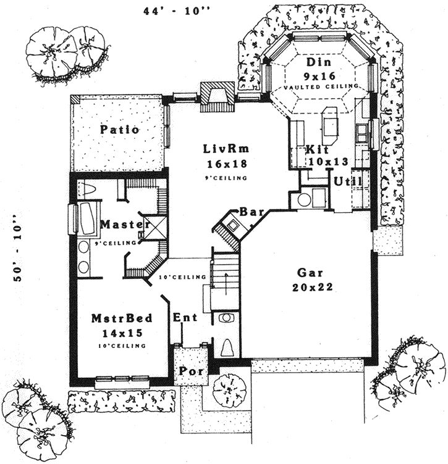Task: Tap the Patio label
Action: (119, 130)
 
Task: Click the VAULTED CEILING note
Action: (321, 88)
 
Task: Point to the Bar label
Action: (251, 212)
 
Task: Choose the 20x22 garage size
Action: (311, 287)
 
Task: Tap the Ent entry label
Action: (185, 318)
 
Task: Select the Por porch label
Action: (188, 371)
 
